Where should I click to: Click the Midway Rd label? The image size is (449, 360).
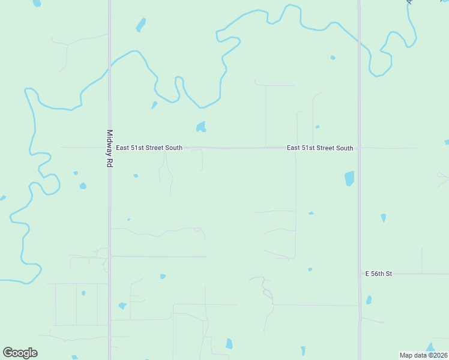click(109, 148)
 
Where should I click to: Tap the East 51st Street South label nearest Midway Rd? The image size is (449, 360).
click(149, 148)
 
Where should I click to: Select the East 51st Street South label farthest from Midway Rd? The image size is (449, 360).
click(320, 148)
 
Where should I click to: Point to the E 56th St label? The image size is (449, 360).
click(378, 274)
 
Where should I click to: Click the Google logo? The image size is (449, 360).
click(20, 353)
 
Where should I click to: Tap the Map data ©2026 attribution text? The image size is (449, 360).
click(423, 355)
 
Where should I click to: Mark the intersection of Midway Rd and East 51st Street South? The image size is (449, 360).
click(109, 147)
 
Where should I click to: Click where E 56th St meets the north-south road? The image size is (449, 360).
click(360, 274)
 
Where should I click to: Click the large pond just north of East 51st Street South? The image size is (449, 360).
click(201, 127)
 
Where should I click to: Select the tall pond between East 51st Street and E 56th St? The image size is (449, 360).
click(349, 178)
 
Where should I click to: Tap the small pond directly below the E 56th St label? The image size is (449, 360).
click(369, 300)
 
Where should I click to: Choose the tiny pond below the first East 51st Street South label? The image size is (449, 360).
click(136, 176)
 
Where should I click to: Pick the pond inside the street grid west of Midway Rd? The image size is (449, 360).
click(83, 293)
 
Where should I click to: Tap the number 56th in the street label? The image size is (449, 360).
click(378, 274)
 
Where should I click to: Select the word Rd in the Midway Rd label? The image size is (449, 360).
click(109, 163)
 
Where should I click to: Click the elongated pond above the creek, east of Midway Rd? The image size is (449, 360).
click(141, 25)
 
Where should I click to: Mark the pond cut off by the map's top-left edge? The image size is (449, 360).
click(37, 3)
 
